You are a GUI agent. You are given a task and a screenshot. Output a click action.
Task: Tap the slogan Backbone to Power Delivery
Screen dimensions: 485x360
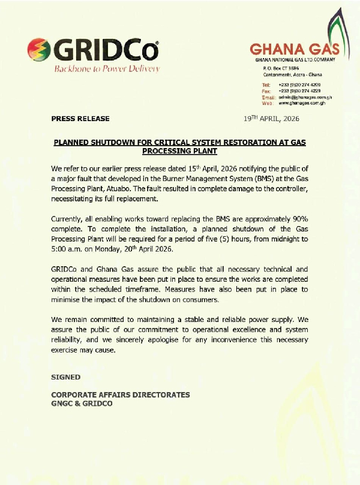pyautogui.click(x=107, y=69)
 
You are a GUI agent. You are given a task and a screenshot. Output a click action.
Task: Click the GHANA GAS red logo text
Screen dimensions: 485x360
pyautogui.click(x=295, y=49)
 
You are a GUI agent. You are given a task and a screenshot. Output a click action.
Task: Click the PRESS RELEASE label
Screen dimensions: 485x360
pyautogui.click(x=80, y=119)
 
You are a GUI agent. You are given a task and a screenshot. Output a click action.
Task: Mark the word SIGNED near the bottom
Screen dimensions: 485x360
pyautogui.click(x=65, y=376)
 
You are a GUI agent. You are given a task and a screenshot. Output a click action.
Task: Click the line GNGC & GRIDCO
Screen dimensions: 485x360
pyautogui.click(x=82, y=403)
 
